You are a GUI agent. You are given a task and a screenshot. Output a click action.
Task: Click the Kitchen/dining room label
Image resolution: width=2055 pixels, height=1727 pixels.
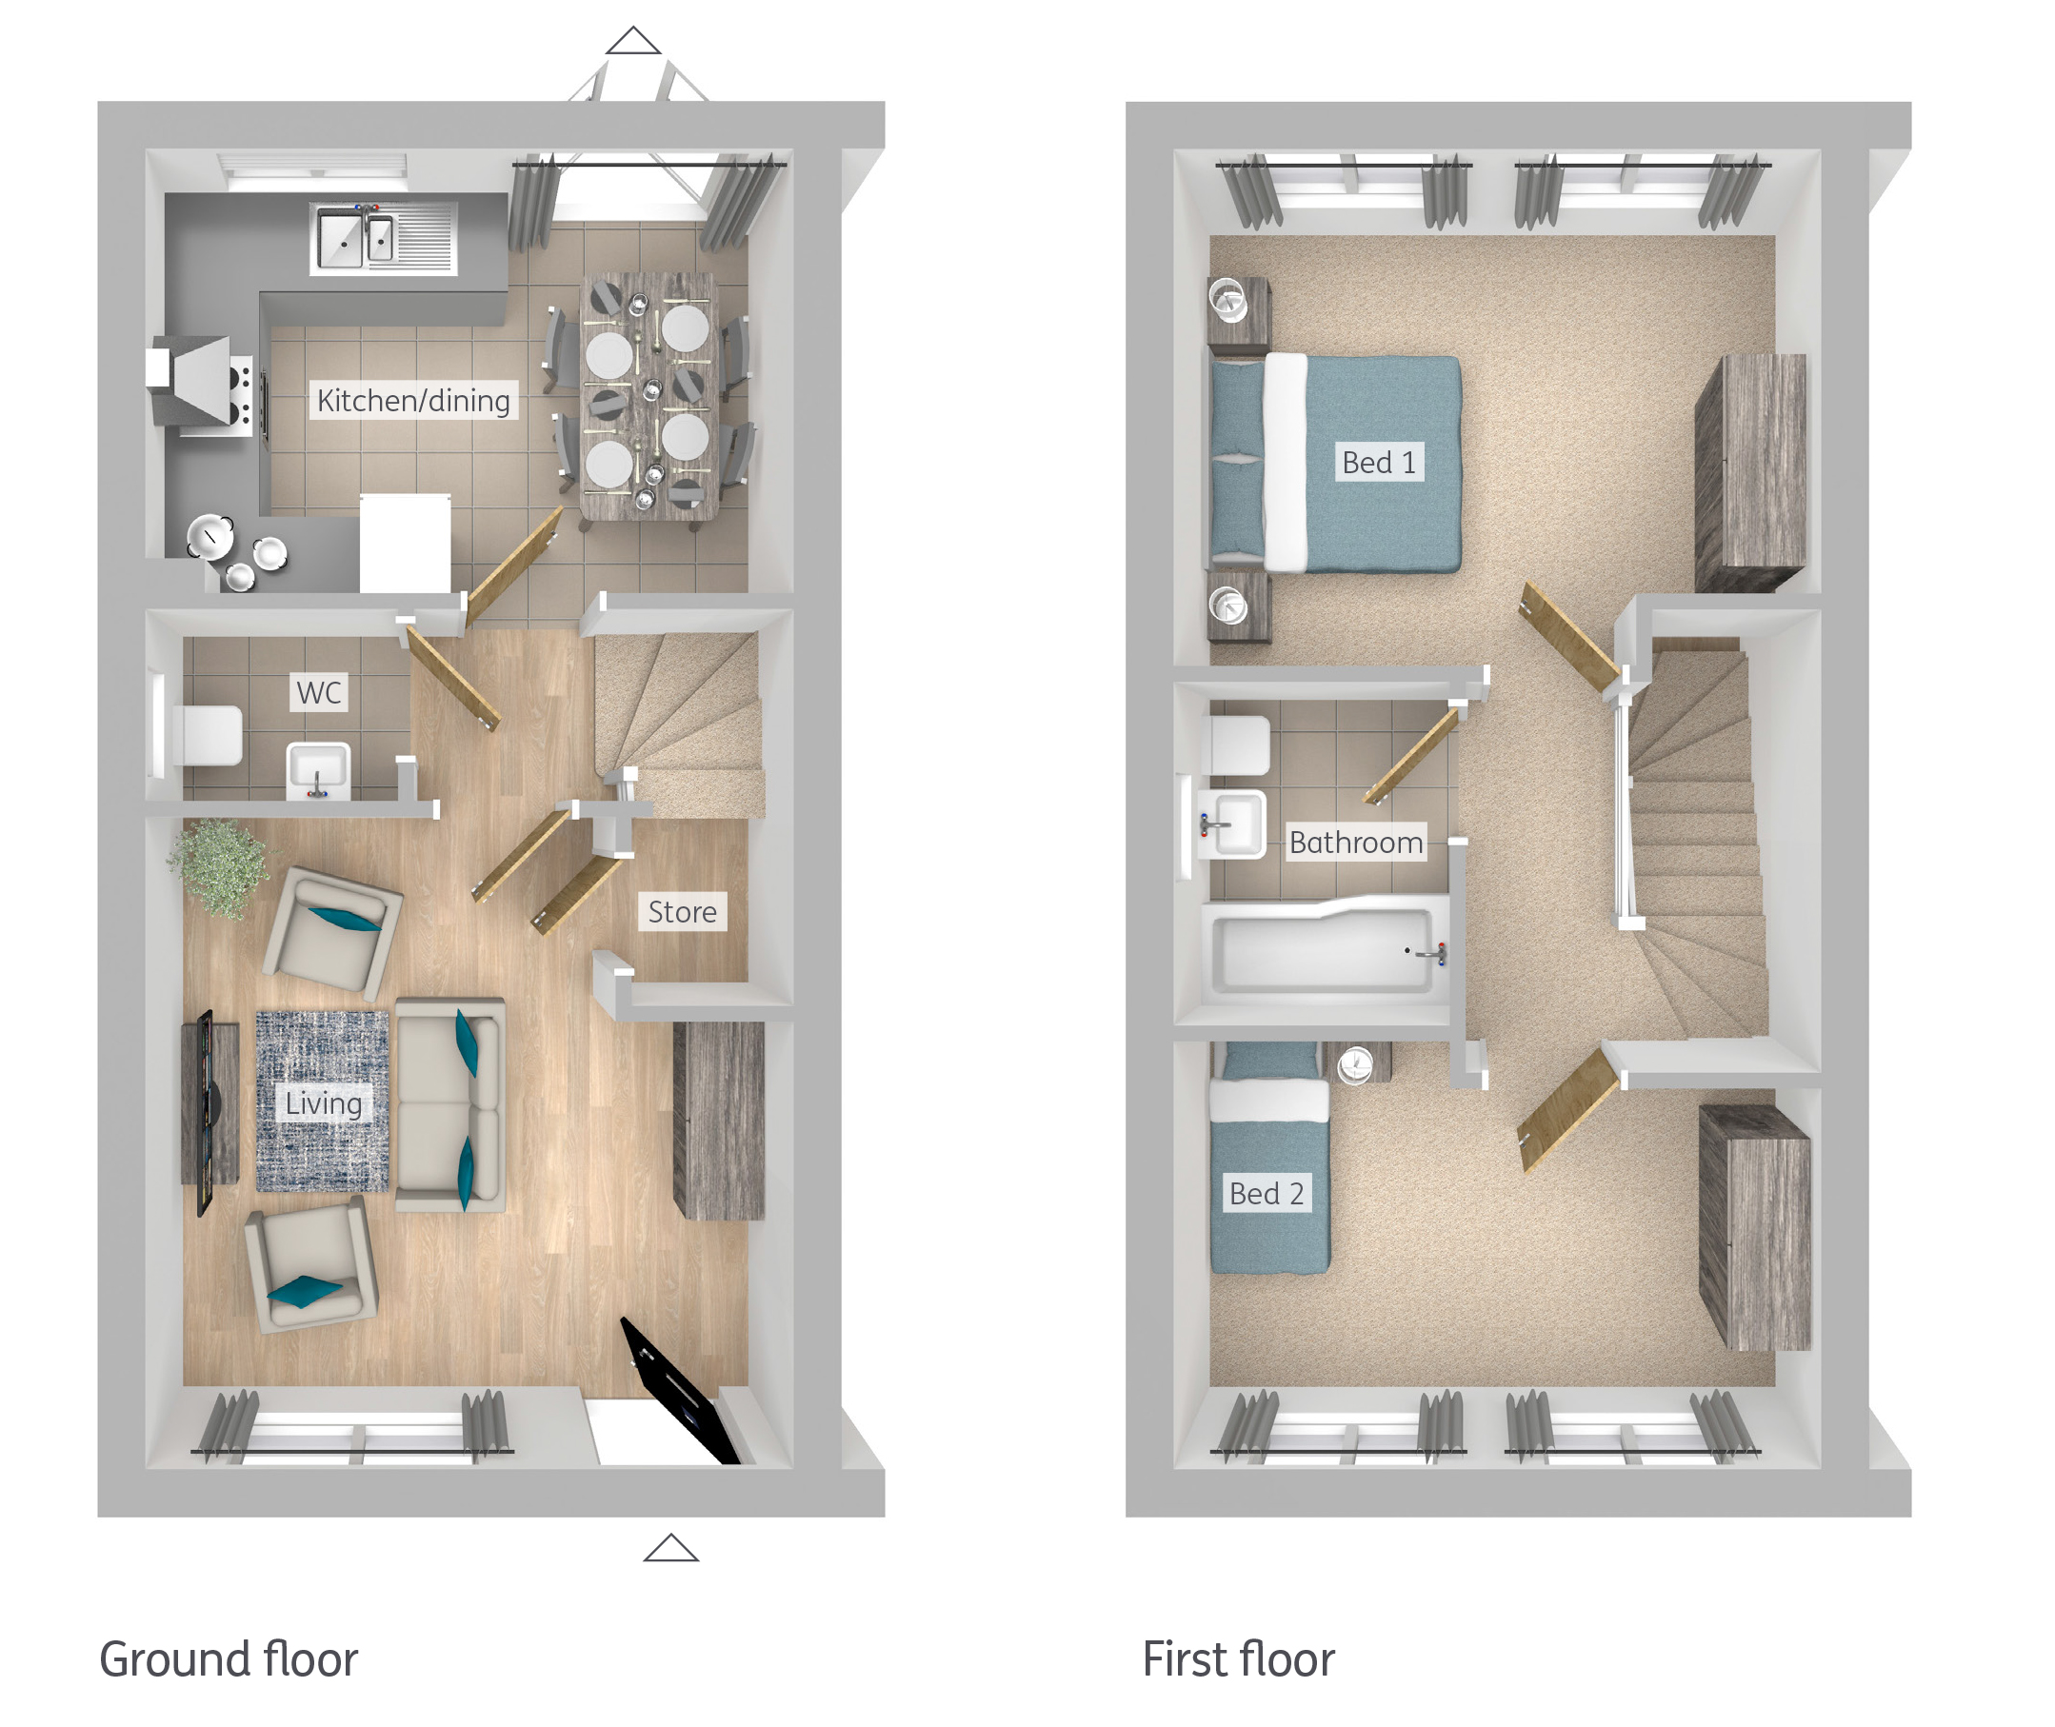click(x=413, y=401)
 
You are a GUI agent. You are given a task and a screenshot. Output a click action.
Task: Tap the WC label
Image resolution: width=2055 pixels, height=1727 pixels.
click(x=319, y=692)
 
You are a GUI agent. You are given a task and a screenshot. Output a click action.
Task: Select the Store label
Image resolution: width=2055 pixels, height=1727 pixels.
click(x=683, y=911)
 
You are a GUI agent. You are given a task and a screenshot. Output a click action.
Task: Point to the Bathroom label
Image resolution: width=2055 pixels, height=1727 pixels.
click(x=1356, y=842)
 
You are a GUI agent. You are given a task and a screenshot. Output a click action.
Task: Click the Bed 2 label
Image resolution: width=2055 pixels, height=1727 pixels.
click(x=1267, y=1194)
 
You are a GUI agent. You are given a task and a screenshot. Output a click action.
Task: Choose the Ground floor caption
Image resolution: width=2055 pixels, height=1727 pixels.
click(x=229, y=1659)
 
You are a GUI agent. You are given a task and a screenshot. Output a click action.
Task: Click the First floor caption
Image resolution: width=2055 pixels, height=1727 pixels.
click(x=1239, y=1659)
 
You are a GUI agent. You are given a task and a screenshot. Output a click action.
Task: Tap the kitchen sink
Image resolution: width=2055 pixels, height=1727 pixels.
click(x=383, y=238)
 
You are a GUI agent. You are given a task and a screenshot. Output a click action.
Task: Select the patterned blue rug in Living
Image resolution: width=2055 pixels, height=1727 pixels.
click(x=322, y=1102)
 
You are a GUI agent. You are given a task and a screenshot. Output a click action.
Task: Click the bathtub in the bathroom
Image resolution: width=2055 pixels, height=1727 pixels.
click(x=1326, y=947)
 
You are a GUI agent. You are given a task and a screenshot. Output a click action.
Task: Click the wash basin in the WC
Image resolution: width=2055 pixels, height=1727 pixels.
click(x=317, y=770)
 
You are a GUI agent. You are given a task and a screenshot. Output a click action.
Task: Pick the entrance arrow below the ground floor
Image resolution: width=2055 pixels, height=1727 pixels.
click(x=670, y=1548)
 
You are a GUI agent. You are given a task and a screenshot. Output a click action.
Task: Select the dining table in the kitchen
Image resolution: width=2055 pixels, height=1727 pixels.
click(x=648, y=396)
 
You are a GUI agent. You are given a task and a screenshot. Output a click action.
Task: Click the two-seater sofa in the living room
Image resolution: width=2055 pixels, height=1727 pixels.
click(x=450, y=1105)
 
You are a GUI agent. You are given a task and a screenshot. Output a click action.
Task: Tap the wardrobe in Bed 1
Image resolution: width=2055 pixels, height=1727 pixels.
click(x=1750, y=473)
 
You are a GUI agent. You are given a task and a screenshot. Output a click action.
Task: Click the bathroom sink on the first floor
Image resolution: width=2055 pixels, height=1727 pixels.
click(x=1230, y=824)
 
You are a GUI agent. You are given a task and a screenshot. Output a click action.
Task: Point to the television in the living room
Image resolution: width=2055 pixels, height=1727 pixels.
click(x=206, y=1113)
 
